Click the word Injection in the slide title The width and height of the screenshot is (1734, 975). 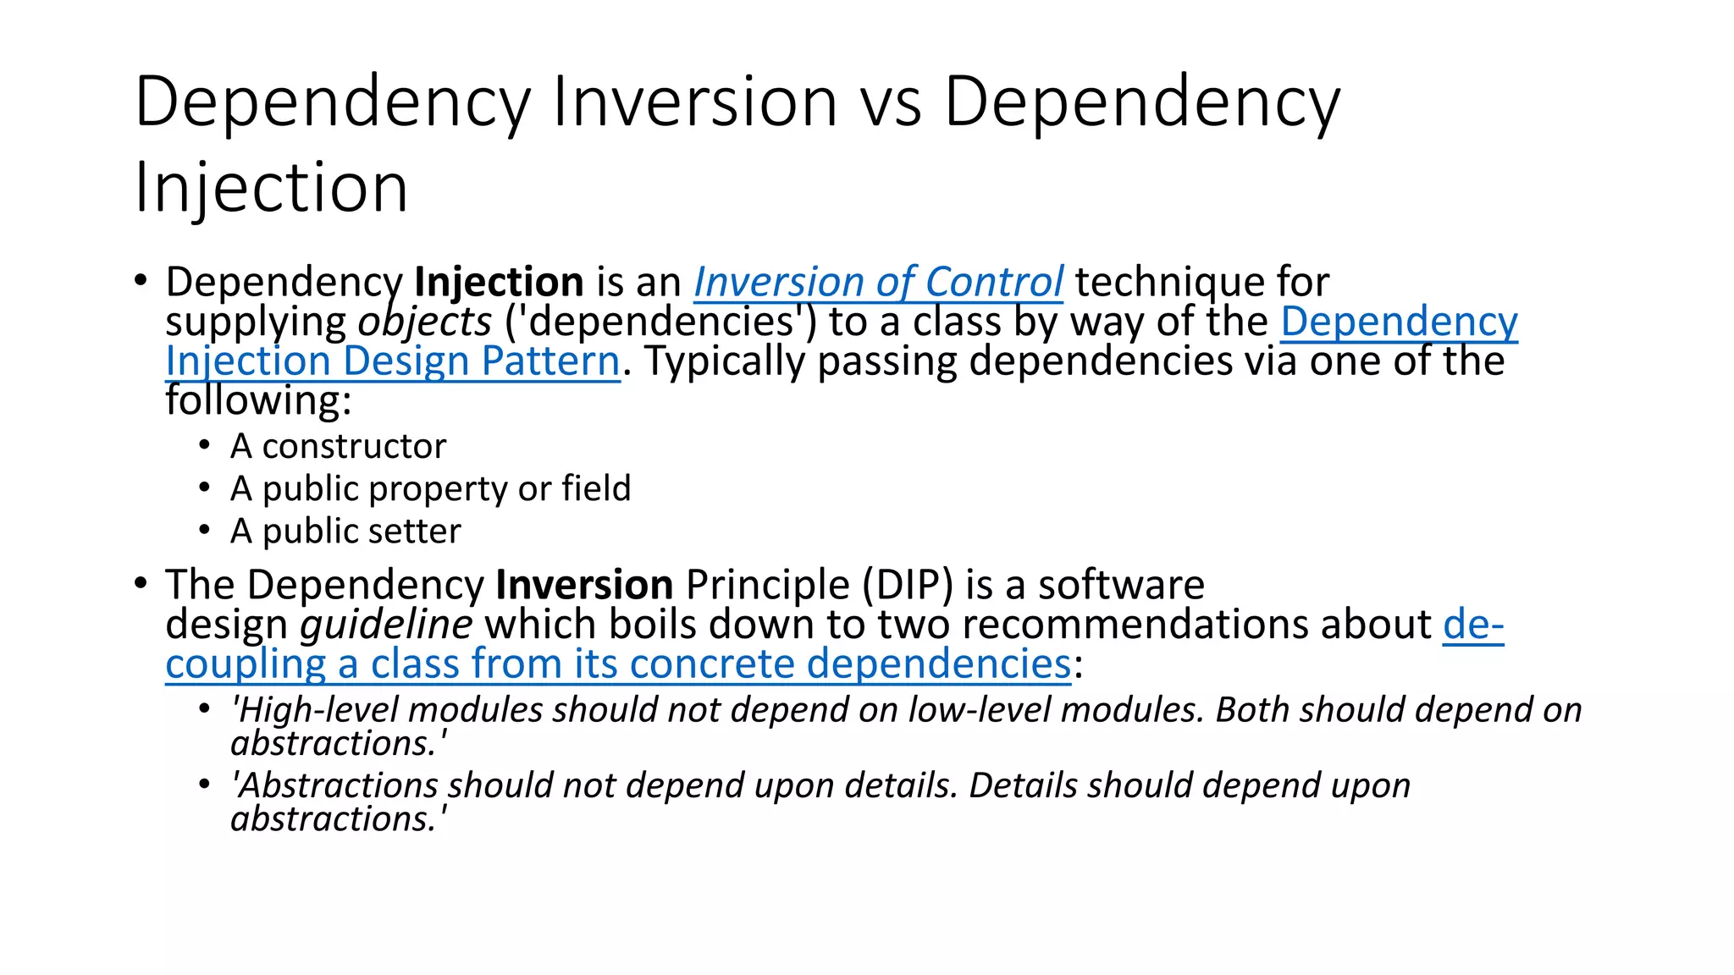271,188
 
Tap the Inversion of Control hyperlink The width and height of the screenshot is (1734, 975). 878,282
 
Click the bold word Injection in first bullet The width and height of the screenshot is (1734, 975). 499,282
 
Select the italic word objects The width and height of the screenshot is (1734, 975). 424,322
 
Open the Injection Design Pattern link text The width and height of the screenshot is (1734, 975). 393,361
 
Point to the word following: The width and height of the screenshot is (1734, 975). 258,400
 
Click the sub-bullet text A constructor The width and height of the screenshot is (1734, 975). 338,446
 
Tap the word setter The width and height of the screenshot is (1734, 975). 420,531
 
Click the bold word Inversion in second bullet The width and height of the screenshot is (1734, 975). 584,585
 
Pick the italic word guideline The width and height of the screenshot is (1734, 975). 386,625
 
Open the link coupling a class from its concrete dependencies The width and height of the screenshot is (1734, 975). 618,664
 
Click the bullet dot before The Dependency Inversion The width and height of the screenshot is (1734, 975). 141,582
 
